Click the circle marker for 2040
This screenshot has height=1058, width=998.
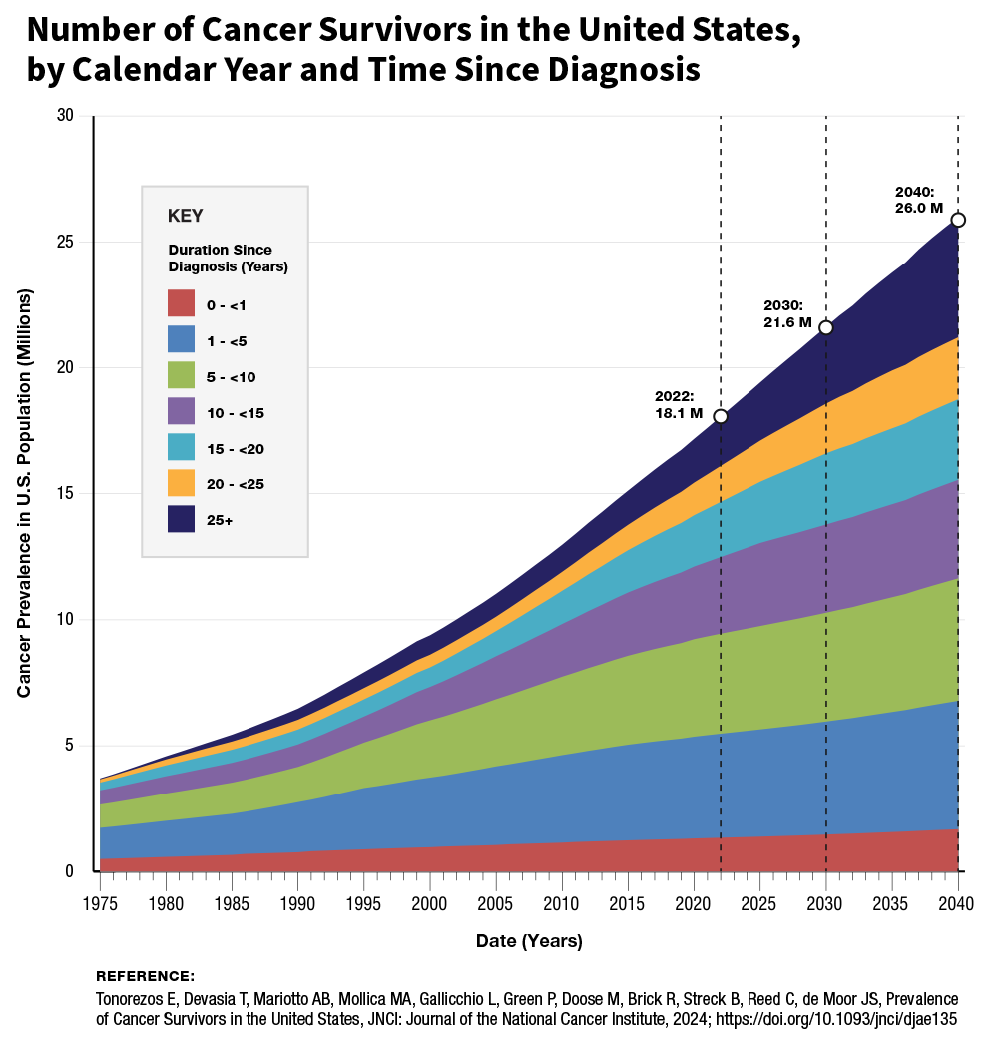958,220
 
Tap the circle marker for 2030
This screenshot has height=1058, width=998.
826,328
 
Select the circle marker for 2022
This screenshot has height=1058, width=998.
721,416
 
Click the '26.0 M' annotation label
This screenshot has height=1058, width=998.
918,208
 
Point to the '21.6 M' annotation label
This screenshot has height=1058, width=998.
787,322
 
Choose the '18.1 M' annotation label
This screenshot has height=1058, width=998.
679,412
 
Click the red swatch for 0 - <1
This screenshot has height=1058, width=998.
181,302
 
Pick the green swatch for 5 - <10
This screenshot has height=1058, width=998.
181,375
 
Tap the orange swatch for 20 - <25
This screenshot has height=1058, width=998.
181,483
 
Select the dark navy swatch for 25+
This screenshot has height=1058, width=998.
181,519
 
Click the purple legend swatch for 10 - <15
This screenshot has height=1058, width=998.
181,411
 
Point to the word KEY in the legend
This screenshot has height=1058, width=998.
186,216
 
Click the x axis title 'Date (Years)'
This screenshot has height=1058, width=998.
529,941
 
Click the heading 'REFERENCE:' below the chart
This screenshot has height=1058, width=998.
145,976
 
